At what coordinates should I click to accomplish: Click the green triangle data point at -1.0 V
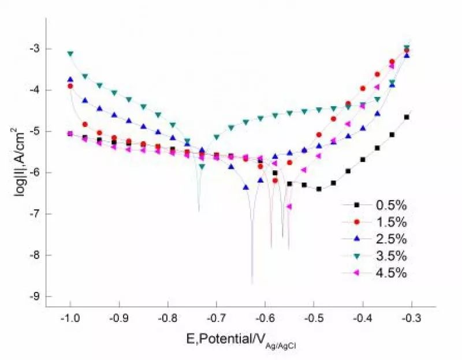(70, 54)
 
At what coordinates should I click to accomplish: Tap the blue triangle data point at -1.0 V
(70, 80)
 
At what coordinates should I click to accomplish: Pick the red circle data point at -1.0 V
(70, 86)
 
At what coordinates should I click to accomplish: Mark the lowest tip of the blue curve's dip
(252, 283)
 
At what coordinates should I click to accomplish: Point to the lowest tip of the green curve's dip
(199, 211)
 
